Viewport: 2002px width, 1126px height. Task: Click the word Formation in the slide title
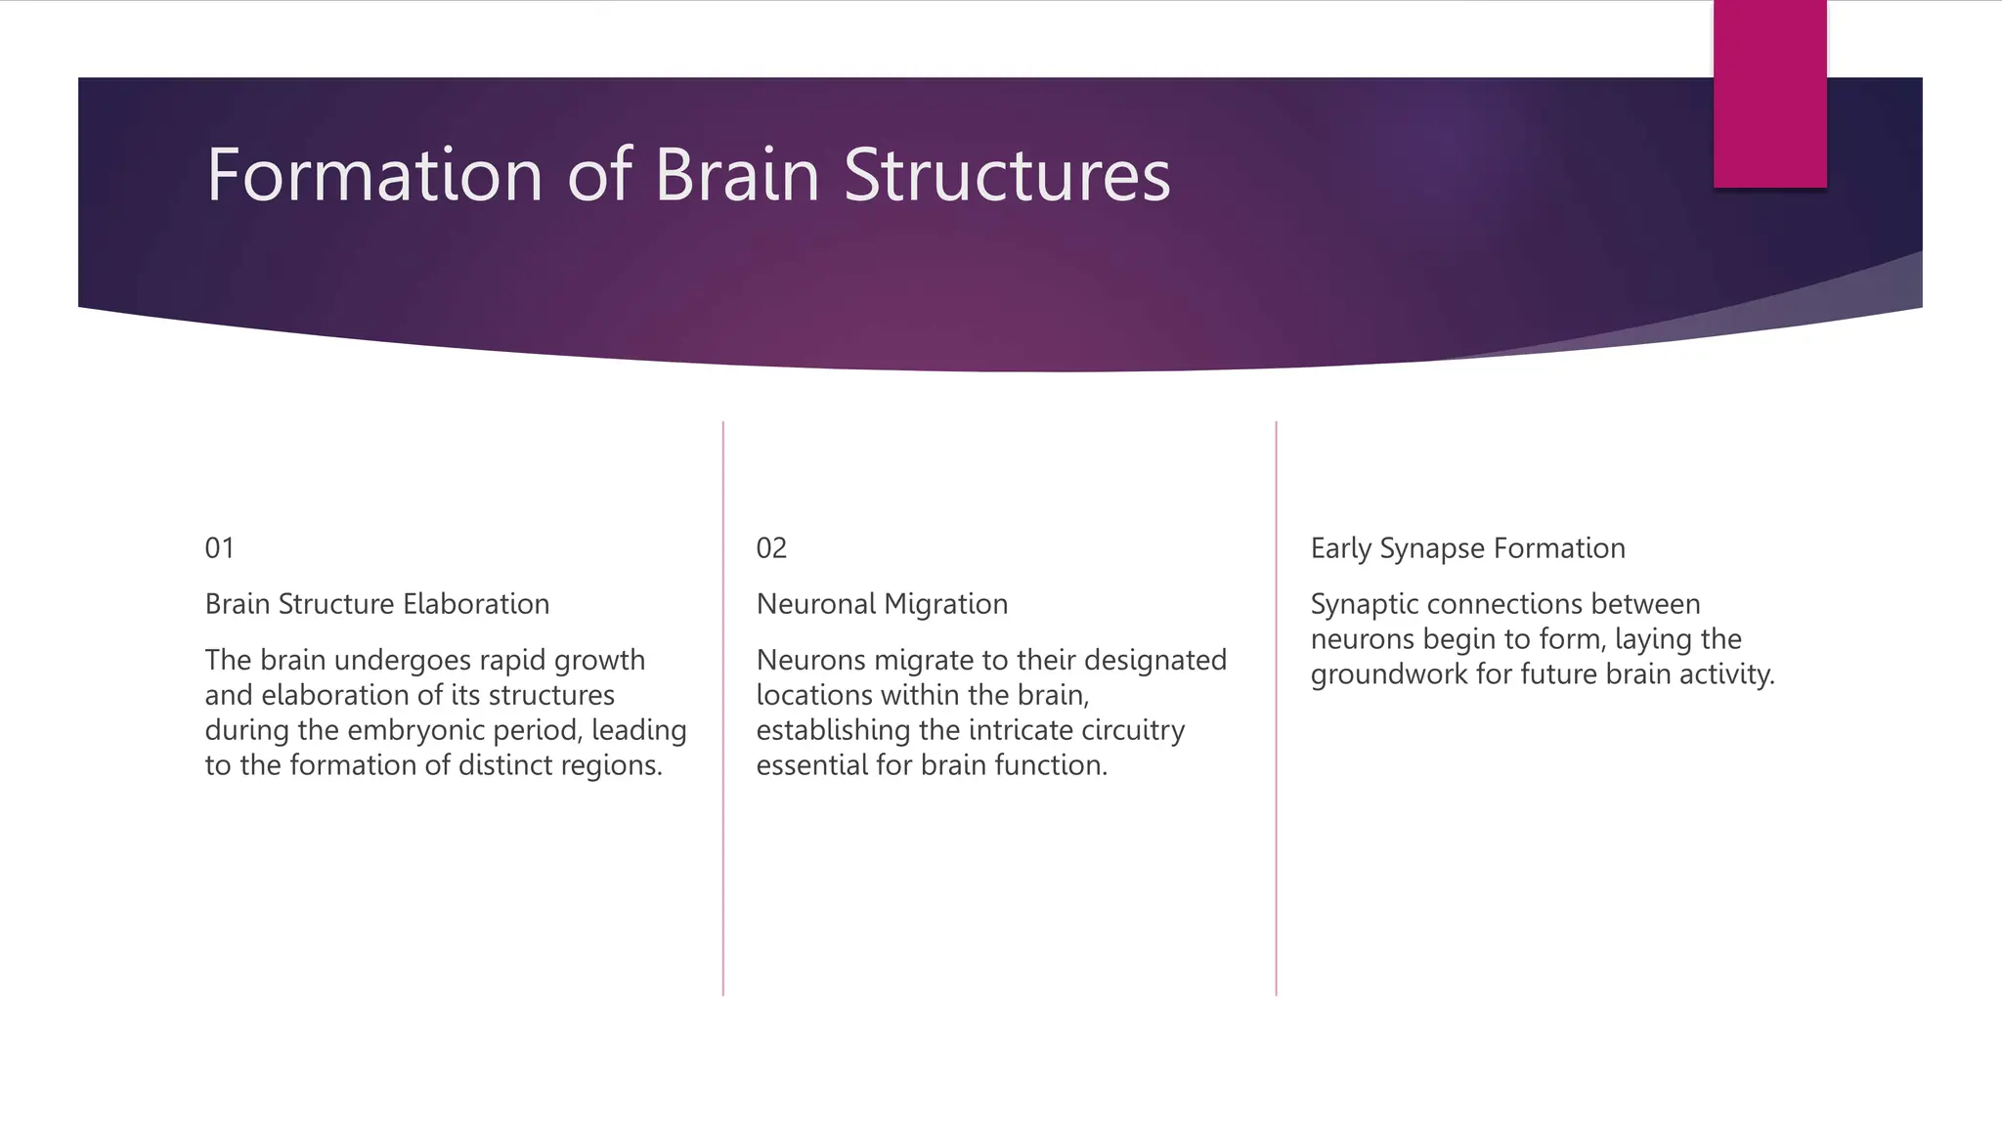[x=374, y=175]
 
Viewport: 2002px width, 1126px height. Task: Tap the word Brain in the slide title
[x=736, y=175]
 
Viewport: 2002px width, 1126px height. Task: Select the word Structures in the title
[x=1006, y=175]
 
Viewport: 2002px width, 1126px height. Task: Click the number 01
[x=220, y=548]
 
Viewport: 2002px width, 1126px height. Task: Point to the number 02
[x=771, y=548]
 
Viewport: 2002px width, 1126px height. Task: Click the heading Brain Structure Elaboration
[x=377, y=604]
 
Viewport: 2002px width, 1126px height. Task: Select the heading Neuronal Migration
[x=882, y=604]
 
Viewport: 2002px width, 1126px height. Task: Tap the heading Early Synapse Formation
[x=1467, y=548]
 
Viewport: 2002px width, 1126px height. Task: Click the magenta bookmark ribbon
[x=1769, y=94]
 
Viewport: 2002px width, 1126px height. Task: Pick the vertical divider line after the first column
[x=723, y=709]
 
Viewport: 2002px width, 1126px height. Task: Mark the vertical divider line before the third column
[x=1276, y=709]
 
